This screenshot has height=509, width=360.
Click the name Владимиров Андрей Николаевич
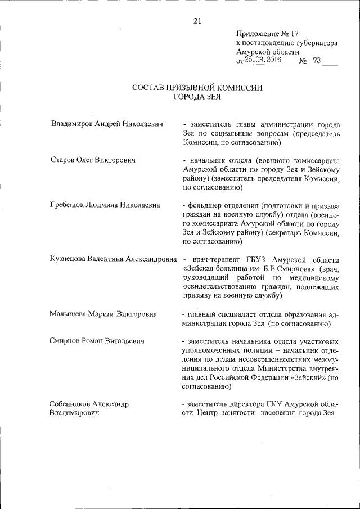point(107,123)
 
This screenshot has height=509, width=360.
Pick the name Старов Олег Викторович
point(93,160)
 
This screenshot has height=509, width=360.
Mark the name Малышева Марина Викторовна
point(103,314)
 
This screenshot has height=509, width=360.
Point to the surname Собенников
point(74,404)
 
